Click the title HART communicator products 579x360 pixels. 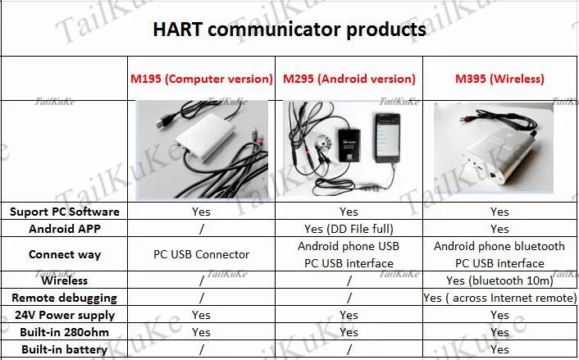pos(289,30)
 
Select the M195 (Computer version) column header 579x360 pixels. pos(201,79)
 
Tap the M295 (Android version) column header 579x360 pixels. pos(349,79)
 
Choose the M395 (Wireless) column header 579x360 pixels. pos(499,79)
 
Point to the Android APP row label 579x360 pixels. pos(64,229)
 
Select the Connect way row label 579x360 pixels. pos(64,254)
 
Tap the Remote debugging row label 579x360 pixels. pos(64,298)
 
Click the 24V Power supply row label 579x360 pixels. pos(64,315)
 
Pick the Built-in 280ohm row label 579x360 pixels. pos(64,332)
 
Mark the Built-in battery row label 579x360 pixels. pos(64,350)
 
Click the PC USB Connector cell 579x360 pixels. pos(201,254)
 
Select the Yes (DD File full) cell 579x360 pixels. pos(349,229)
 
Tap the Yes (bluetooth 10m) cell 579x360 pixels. pos(499,280)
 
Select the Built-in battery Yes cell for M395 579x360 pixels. pos(499,350)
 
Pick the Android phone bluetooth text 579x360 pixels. pos(499,246)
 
